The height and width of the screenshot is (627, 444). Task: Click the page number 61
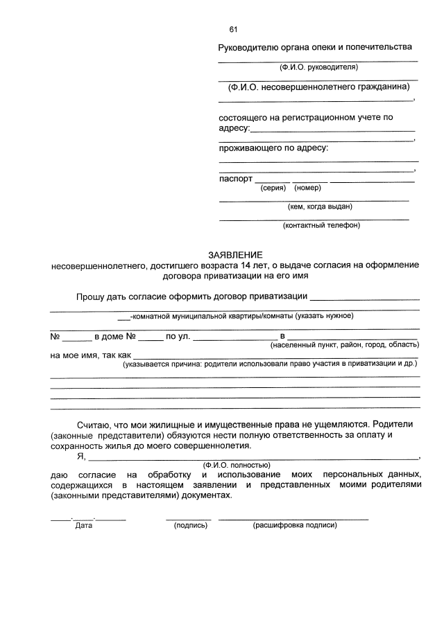[233, 29]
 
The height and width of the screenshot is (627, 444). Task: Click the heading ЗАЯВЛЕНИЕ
[235, 255]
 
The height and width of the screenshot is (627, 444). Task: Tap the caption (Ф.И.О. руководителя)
[318, 68]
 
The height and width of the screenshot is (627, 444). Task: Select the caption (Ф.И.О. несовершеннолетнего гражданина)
[318, 87]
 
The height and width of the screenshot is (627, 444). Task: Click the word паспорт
[235, 178]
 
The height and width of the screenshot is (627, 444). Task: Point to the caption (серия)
[273, 188]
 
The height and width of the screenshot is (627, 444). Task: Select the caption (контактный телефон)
[321, 225]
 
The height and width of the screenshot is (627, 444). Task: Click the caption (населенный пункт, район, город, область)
[344, 345]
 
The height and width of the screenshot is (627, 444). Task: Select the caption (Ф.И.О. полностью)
[236, 465]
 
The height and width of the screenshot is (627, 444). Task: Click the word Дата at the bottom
[83, 525]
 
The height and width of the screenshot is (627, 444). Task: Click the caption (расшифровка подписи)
[295, 525]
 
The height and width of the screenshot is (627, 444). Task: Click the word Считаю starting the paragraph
[92, 423]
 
